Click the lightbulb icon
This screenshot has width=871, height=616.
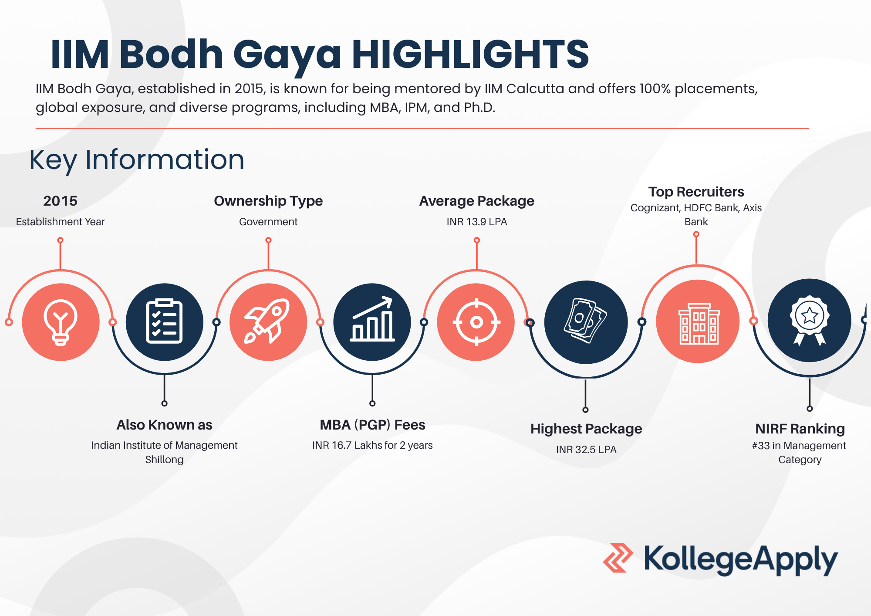click(x=61, y=322)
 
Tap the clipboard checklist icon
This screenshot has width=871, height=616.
click(x=164, y=322)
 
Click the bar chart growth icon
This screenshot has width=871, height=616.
click(x=372, y=319)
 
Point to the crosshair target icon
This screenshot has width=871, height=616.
click(x=476, y=322)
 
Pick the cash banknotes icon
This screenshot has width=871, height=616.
click(x=585, y=321)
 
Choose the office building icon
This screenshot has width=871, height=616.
click(x=698, y=324)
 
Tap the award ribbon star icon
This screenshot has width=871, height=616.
click(x=809, y=321)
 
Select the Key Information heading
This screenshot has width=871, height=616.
click(x=137, y=160)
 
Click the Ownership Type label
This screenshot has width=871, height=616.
click(x=268, y=201)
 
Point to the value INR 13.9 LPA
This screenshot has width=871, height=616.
click(x=477, y=222)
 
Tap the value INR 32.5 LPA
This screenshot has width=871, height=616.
click(x=586, y=450)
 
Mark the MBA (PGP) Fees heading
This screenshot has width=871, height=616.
click(x=372, y=425)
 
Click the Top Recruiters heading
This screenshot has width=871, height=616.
click(x=696, y=192)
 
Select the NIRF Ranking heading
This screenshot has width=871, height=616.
click(x=800, y=429)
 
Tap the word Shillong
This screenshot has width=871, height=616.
click(x=164, y=460)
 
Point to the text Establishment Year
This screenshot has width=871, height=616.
click(x=61, y=222)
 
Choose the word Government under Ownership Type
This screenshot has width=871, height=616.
click(x=268, y=222)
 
